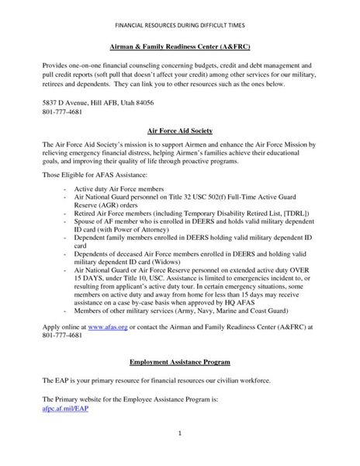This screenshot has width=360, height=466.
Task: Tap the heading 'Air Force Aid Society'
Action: pyautogui.click(x=180, y=131)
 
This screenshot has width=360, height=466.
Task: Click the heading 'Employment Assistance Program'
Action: pyautogui.click(x=180, y=363)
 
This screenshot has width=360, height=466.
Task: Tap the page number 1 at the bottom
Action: pyautogui.click(x=180, y=433)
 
